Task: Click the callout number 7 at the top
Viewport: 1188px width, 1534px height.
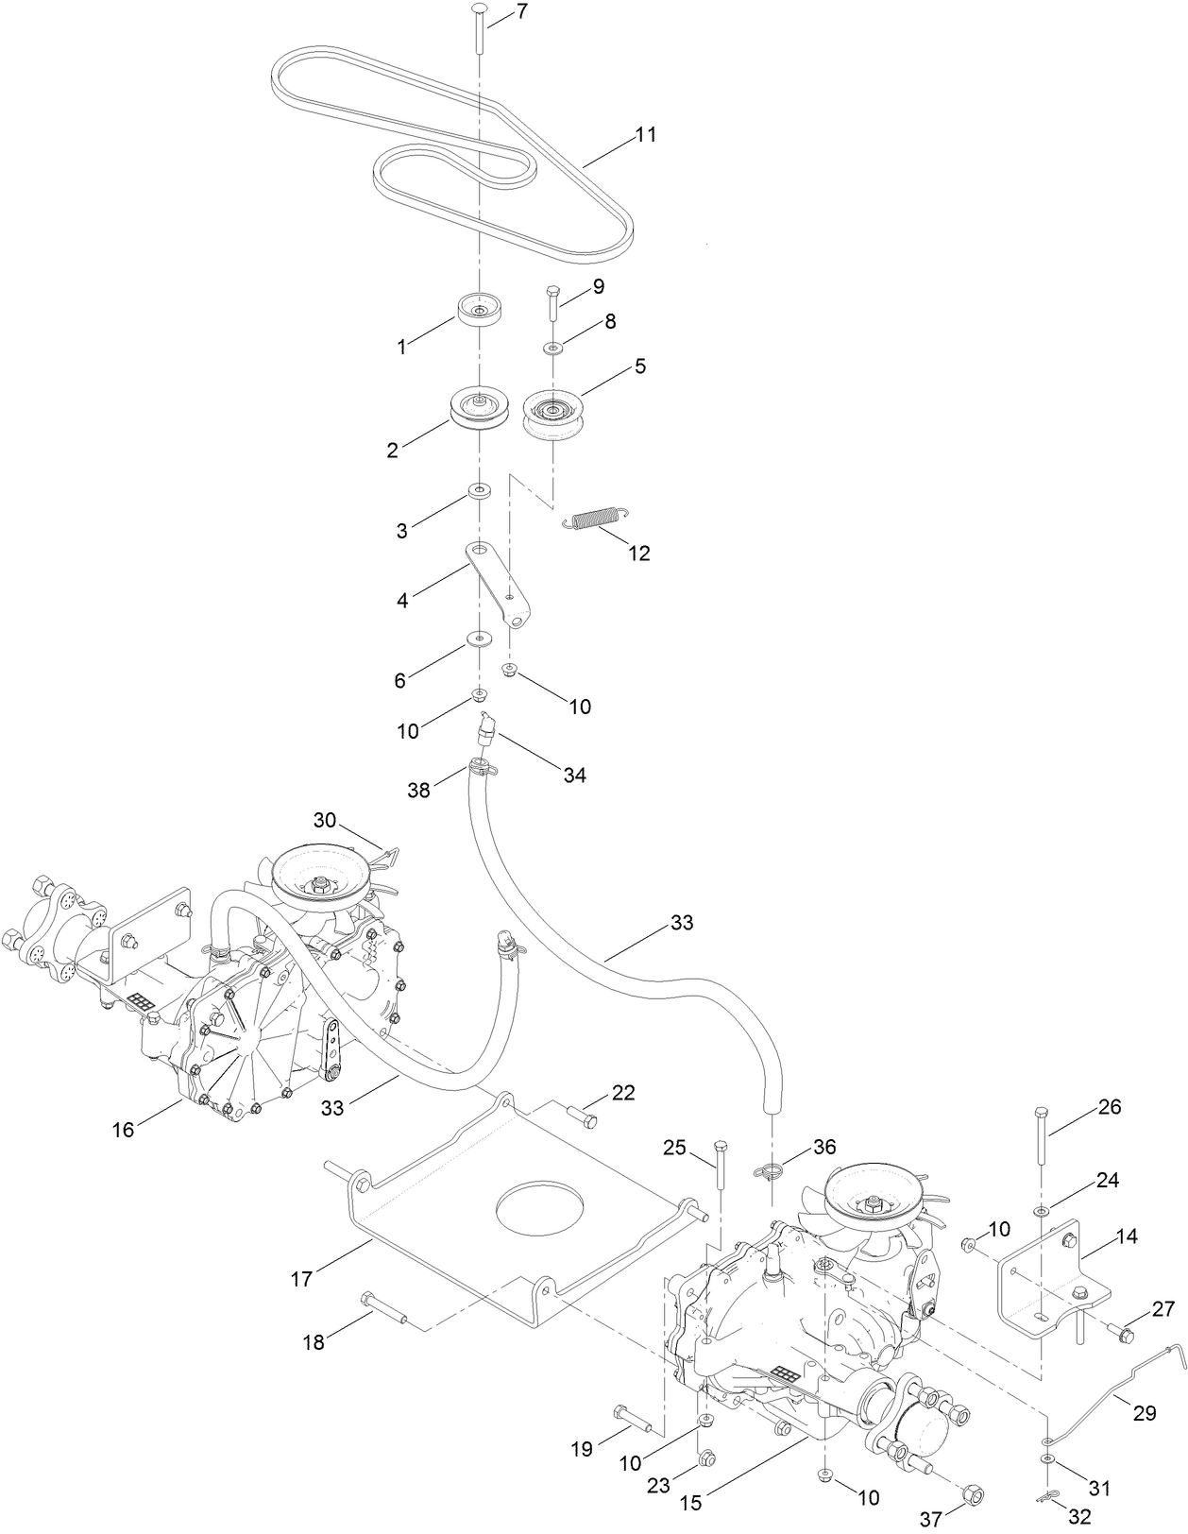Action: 522,12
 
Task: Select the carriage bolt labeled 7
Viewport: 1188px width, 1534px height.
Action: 479,28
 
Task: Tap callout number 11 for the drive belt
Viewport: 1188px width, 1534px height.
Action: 645,135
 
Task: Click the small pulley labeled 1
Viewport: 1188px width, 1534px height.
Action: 479,309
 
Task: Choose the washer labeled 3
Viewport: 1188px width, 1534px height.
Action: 481,490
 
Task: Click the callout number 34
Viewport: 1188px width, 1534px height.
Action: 574,776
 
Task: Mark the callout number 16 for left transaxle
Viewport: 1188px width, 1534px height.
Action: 124,1129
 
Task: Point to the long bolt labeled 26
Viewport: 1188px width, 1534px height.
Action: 1041,1139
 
